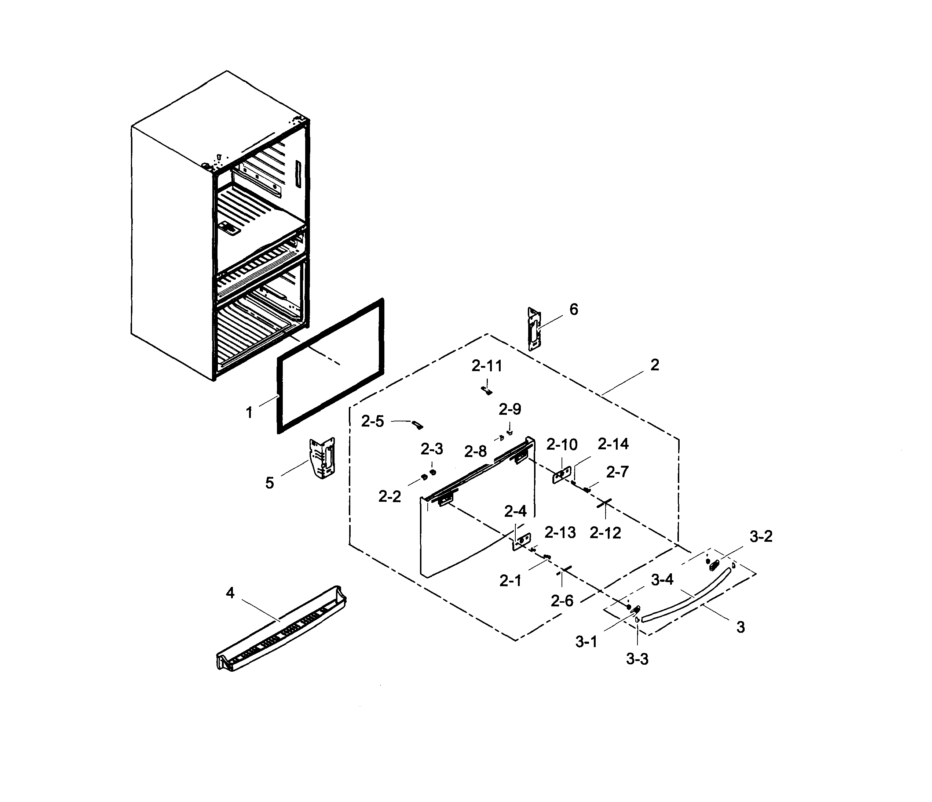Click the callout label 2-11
[x=487, y=366]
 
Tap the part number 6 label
[x=574, y=310]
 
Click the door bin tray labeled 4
[x=281, y=630]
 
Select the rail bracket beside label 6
[x=533, y=329]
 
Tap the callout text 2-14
[x=613, y=444]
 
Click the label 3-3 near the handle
[x=637, y=659]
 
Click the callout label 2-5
[x=372, y=422]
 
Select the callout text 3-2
[x=761, y=537]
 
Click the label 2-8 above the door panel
[x=475, y=451]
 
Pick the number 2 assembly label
[x=654, y=365]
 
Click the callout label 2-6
[x=562, y=600]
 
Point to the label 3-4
[x=662, y=580]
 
